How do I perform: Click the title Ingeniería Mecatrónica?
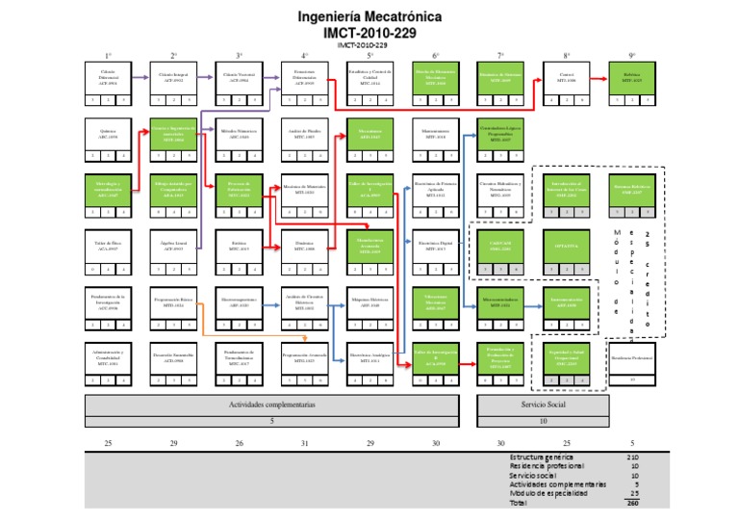(369, 16)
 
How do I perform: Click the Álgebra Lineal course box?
(173, 247)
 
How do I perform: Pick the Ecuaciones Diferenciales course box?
(304, 76)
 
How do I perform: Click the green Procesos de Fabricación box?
(239, 187)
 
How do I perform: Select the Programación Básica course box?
(173, 301)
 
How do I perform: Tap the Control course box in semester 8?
(567, 76)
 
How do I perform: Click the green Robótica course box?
(632, 76)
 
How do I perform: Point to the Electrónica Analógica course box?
(369, 357)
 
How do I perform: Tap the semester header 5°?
(370, 56)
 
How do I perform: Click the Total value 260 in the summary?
(632, 502)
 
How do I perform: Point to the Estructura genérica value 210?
(632, 457)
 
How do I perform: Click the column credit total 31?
(304, 442)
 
